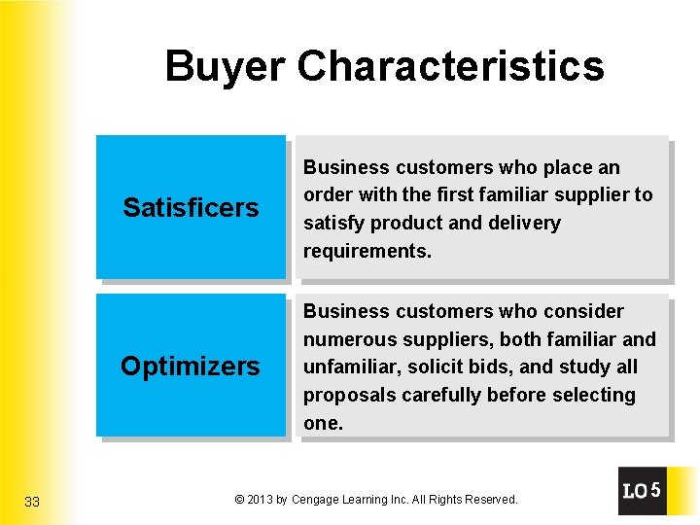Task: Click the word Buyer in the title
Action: tap(226, 67)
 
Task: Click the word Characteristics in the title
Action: tap(450, 67)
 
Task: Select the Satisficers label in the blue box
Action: tap(191, 208)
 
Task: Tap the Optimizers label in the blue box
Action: tap(191, 367)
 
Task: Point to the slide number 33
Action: tap(32, 502)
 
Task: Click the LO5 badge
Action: tap(642, 491)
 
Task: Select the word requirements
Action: tap(367, 252)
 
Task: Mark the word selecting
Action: tap(595, 396)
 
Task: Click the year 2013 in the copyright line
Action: tap(260, 500)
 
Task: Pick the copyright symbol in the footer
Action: tap(239, 500)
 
